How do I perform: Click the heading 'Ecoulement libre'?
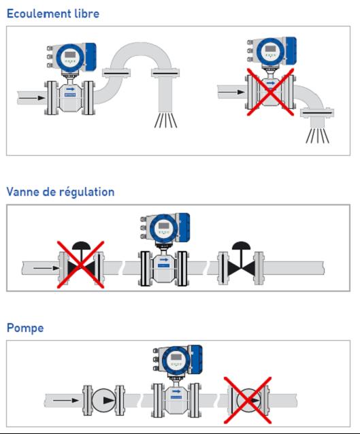(x=53, y=14)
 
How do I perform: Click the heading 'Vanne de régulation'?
(x=61, y=192)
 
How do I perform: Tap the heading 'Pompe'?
(x=25, y=329)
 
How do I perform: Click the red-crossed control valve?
(x=81, y=265)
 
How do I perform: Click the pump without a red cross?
(x=104, y=400)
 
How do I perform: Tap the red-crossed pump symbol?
(x=248, y=401)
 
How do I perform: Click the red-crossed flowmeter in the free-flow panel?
(x=271, y=76)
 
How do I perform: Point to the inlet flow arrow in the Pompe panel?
(x=66, y=400)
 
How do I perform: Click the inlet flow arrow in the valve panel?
(x=46, y=268)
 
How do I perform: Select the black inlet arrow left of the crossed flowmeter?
(x=231, y=92)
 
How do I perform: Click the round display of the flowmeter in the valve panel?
(x=163, y=229)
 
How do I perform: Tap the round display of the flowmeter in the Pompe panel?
(x=176, y=360)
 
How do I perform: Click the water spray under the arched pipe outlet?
(x=165, y=120)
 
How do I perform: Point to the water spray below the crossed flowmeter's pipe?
(x=317, y=135)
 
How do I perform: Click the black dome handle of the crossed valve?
(x=81, y=246)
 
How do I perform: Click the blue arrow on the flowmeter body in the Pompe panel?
(x=176, y=391)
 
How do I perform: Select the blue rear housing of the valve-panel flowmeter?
(x=184, y=227)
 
